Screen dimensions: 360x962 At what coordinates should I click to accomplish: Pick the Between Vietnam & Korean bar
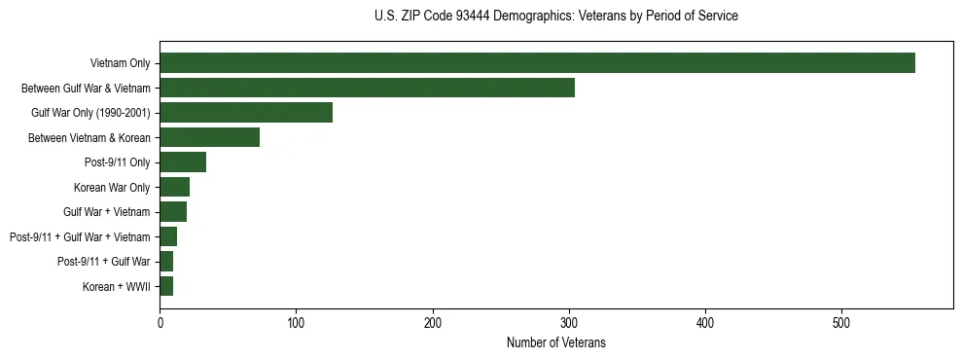click(x=209, y=137)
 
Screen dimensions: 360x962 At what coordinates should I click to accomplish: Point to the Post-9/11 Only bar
click(x=183, y=162)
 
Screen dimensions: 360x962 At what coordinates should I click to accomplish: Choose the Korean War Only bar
click(x=174, y=187)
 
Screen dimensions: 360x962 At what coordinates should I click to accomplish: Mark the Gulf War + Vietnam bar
click(x=173, y=212)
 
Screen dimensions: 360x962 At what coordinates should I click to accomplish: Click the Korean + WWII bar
click(x=166, y=286)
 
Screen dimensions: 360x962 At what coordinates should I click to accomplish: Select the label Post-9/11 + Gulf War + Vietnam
click(x=80, y=236)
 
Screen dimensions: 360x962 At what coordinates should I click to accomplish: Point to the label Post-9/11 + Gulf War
click(x=103, y=262)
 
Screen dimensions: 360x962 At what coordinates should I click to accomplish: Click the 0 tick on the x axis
click(x=160, y=322)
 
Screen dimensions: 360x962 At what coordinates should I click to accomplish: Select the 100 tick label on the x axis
click(x=296, y=322)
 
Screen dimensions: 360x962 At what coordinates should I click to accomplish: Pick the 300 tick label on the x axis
click(x=569, y=322)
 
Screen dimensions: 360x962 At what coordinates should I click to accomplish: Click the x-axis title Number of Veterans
click(x=556, y=342)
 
